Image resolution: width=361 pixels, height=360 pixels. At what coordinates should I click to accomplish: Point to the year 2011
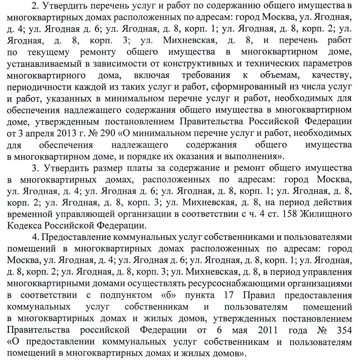click(x=268, y=330)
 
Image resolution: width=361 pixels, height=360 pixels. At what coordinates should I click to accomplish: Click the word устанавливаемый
click(x=39, y=64)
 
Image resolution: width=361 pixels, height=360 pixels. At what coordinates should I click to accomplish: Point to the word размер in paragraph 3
click(x=99, y=168)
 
